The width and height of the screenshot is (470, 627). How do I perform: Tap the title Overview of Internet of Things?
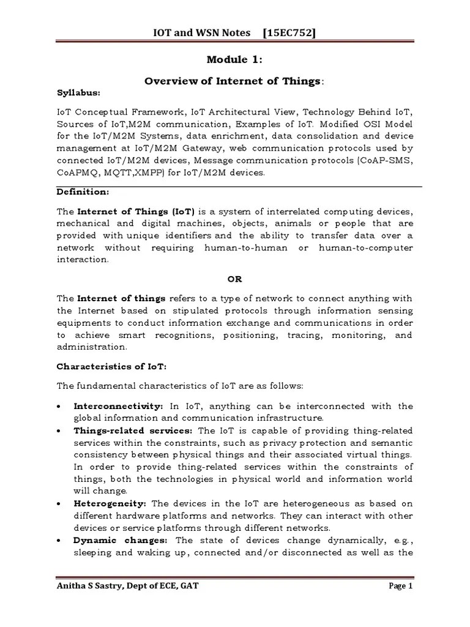point(232,81)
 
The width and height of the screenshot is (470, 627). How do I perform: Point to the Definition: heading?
point(82,192)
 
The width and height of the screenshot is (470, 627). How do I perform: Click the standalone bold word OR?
point(235,279)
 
